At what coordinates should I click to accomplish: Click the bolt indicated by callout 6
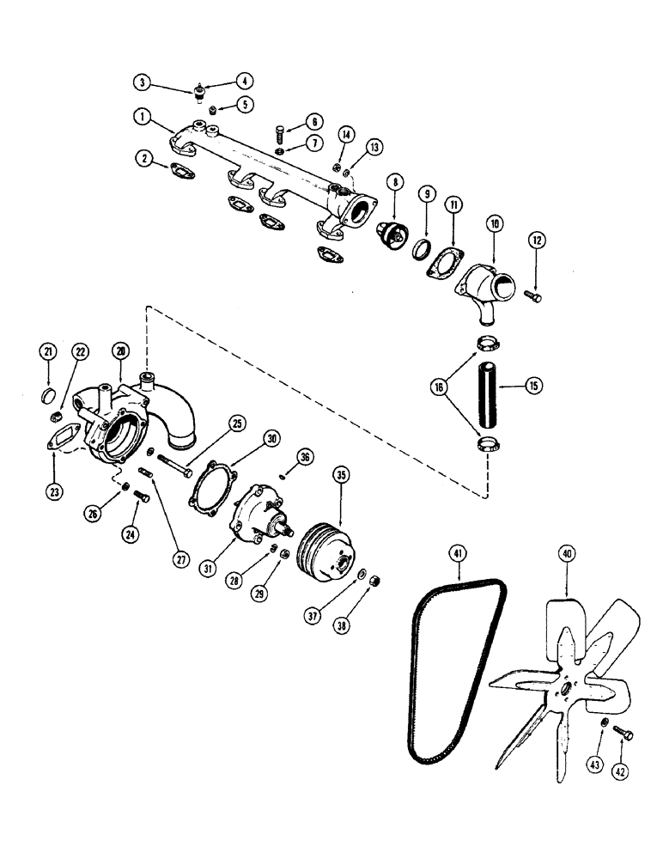point(281,132)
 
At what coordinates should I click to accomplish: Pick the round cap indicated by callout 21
point(51,396)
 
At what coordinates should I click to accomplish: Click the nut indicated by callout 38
point(374,582)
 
